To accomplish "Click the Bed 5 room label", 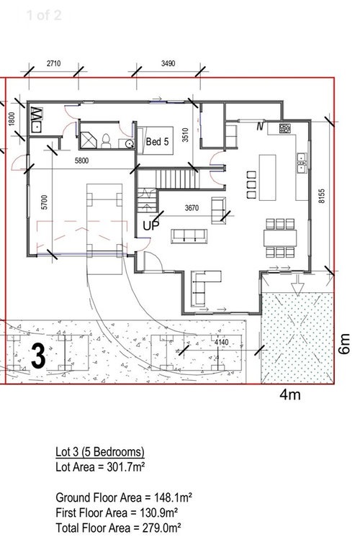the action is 158,141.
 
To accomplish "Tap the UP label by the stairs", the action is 151,226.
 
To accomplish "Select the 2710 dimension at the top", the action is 53,63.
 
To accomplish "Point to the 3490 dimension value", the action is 168,63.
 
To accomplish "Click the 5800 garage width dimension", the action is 81,161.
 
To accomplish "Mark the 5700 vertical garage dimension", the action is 44,202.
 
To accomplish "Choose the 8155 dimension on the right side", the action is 322,196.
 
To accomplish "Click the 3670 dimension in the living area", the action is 192,208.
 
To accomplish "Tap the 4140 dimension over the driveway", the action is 221,342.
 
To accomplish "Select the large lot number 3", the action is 38,356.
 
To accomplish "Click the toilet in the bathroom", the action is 106,141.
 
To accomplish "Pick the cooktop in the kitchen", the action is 285,129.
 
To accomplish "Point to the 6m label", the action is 344,343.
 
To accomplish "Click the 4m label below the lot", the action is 289,394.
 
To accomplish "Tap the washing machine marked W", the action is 37,113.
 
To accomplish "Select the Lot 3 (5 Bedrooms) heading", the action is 100,452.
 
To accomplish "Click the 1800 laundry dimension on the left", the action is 12,119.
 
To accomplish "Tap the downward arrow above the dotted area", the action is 297,286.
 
